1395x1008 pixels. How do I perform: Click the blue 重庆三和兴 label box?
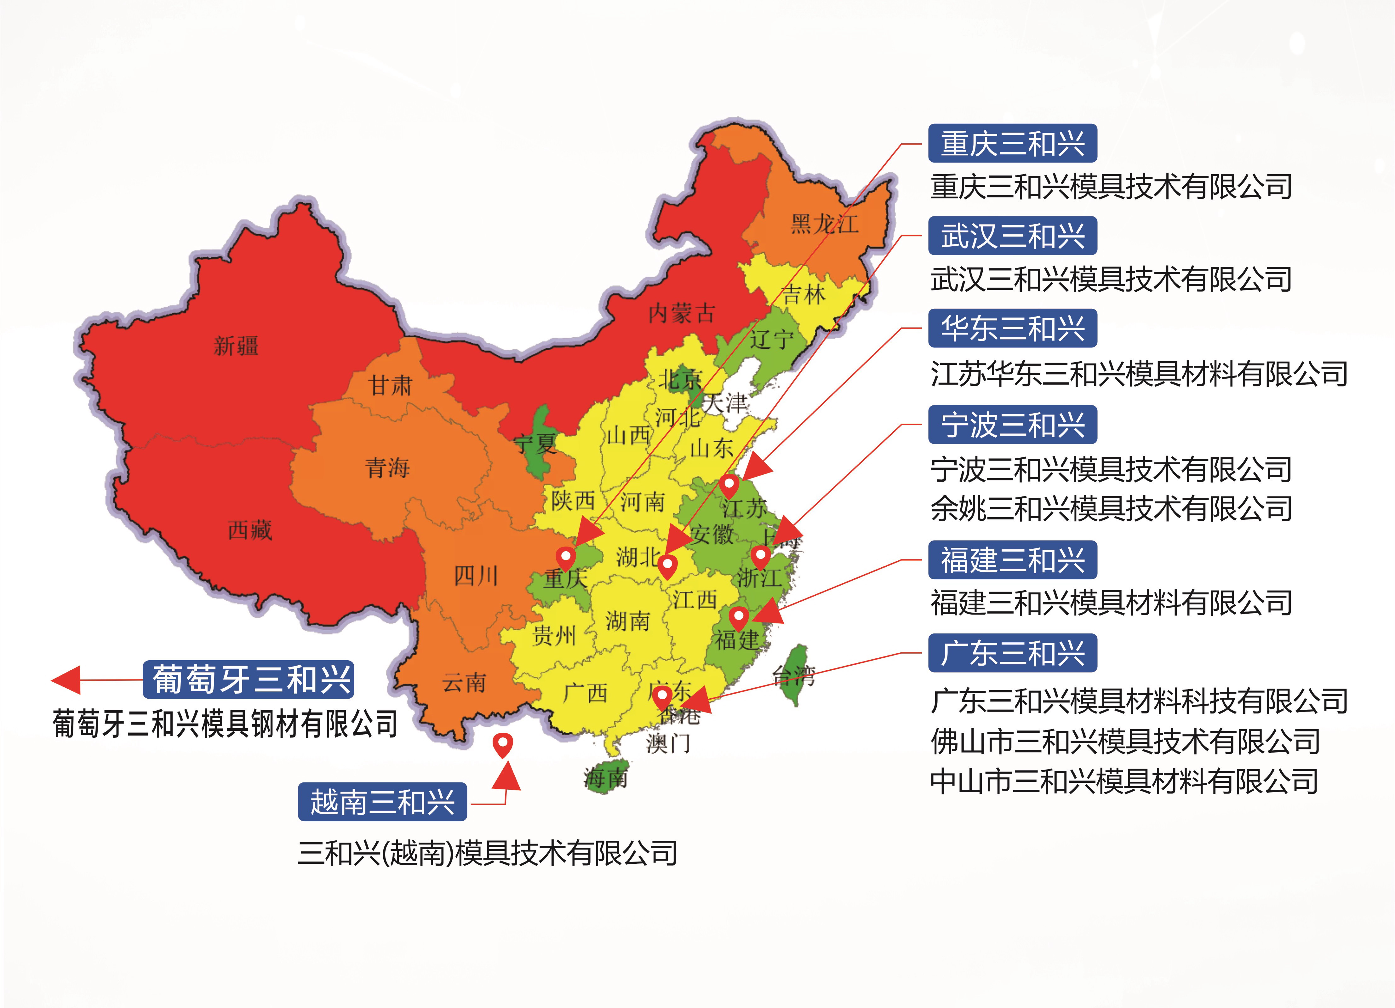coord(1012,143)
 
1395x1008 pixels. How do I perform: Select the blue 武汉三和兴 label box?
coord(1012,236)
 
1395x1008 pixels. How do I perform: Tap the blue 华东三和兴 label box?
coord(1012,328)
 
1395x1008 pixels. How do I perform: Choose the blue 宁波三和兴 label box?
coord(1012,424)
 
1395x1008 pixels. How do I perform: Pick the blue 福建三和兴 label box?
coord(1012,560)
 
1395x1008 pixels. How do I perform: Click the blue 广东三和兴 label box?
coord(1012,653)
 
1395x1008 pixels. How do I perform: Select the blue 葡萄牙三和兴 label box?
coord(249,679)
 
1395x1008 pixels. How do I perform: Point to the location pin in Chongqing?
coord(565,558)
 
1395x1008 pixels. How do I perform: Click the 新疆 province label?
coord(236,346)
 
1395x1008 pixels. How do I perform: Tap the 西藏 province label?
coord(250,530)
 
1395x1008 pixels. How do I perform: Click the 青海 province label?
coord(387,467)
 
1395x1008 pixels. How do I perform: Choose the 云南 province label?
coord(464,683)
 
